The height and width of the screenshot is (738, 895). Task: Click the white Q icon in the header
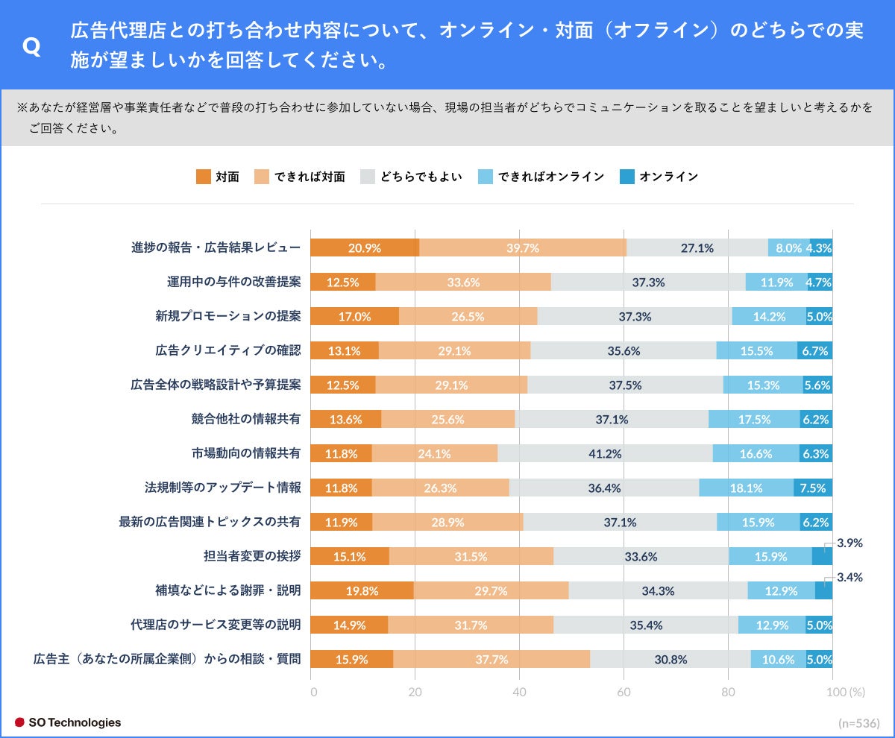coord(31,47)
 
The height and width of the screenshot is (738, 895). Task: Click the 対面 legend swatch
coord(203,177)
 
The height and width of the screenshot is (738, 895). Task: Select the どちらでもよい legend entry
coord(411,177)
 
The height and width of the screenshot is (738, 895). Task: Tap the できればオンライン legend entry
coord(541,177)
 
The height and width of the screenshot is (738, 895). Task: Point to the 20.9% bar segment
coord(365,248)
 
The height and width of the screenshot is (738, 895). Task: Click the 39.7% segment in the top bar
coord(523,248)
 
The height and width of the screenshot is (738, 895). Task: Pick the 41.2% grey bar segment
coord(605,453)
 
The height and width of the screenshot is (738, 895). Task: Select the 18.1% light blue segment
coord(746,488)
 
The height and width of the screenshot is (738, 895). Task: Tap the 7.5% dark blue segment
coord(813,488)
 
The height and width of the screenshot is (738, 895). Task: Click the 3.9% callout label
coord(850,543)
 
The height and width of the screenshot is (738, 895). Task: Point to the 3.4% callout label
coord(850,577)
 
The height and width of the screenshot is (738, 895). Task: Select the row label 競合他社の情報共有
coord(246,419)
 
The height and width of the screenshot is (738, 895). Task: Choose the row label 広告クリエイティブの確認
coord(228,350)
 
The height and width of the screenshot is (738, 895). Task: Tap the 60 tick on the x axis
coord(624,692)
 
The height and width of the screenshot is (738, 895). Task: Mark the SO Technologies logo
coord(68,722)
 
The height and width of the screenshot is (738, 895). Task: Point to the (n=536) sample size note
coord(859,723)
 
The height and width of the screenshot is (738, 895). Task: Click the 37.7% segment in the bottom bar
coord(492,659)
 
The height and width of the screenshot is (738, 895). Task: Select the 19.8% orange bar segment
coord(362,590)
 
